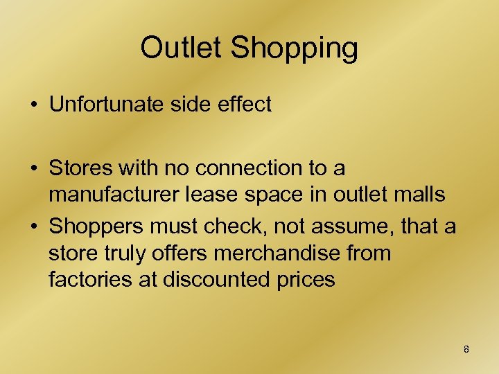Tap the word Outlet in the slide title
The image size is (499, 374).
coord(182,48)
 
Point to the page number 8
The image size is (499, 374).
coord(466,349)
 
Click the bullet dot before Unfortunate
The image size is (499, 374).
coord(34,106)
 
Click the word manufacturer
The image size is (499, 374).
coord(112,195)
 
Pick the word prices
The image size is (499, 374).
coord(308,280)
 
